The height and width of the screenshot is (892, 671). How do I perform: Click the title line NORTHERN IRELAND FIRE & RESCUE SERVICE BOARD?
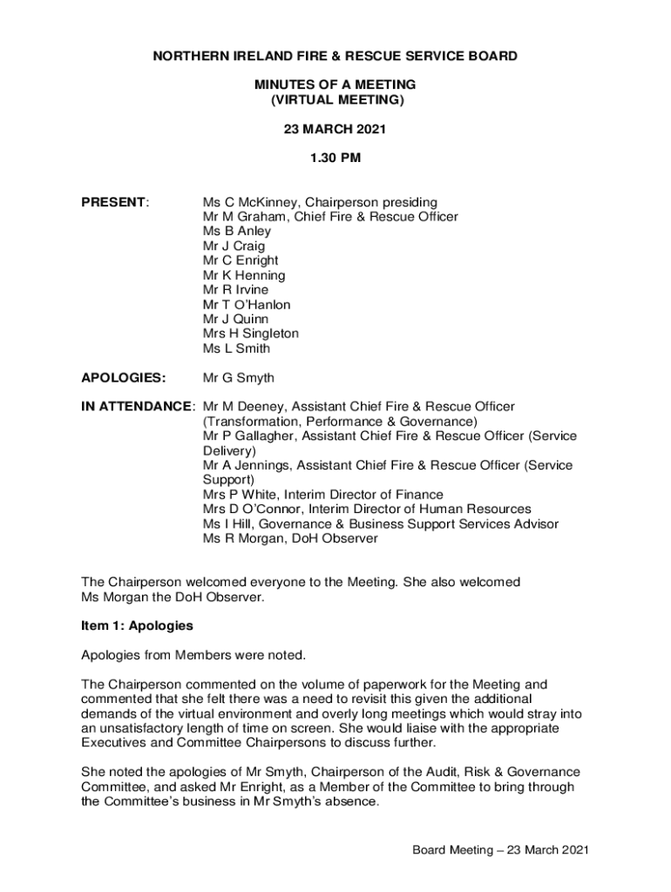335,56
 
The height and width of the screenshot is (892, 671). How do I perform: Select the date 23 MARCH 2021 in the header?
335,129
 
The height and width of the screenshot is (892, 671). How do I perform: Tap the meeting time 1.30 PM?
335,159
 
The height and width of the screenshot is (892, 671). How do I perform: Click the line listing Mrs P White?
322,495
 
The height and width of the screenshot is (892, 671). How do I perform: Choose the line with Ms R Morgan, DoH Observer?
290,538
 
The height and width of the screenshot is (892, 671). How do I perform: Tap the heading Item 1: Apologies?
137,625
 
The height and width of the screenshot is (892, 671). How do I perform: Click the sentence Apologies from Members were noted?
193,655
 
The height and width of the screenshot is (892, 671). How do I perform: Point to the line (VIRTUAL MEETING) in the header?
335,100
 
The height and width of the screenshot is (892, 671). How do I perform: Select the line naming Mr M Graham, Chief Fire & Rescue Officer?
330,217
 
